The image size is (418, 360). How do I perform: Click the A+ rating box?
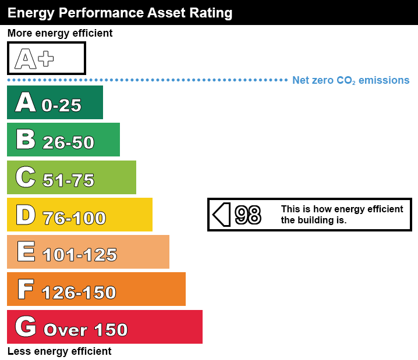tap(47, 58)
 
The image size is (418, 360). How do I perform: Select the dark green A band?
tap(55, 102)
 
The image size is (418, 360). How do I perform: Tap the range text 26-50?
tap(68, 142)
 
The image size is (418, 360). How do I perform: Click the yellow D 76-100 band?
tap(80, 215)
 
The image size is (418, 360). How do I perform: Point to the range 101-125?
tap(80, 255)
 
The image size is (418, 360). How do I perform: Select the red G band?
tap(105, 327)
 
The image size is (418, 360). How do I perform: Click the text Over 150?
tap(86, 330)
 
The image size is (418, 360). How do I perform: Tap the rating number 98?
tap(248, 215)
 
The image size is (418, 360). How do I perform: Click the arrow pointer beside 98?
tap(221, 215)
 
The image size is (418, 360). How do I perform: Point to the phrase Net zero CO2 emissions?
tap(350, 80)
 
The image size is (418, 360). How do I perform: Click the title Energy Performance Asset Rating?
tap(120, 12)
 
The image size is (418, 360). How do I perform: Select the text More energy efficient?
tap(60, 33)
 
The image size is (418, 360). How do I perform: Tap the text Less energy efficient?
tap(59, 351)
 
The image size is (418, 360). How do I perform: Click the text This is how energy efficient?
tap(342, 209)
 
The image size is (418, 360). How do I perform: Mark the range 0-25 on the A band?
tap(61, 105)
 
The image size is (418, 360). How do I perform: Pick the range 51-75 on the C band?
tap(68, 180)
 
